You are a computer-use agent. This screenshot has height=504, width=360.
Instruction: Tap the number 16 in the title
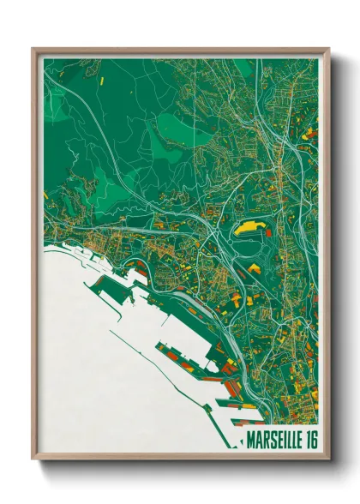click(309, 443)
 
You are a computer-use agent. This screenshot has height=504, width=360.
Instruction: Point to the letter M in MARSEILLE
click(249, 443)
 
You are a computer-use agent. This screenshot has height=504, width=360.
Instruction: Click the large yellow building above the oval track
click(249, 227)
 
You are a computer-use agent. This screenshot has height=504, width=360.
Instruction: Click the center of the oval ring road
click(249, 249)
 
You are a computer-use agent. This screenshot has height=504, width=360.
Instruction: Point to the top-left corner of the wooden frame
click(33, 49)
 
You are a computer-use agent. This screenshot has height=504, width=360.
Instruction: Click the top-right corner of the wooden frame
click(328, 49)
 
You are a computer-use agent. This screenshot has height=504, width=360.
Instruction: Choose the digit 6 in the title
click(312, 443)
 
